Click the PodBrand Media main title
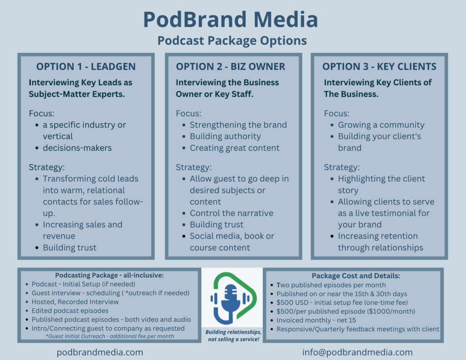231,20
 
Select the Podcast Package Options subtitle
232,41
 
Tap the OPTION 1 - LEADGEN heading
86,66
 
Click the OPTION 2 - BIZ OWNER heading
230,66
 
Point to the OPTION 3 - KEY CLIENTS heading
380,66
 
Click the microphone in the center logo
231,300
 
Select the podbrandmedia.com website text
100,352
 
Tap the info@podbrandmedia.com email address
358,352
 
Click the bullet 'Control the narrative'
232,213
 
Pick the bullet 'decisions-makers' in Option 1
77,148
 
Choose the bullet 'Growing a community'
381,125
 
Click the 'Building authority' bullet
225,137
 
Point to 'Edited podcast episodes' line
70,311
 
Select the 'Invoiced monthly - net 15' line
316,320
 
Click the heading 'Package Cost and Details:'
356,276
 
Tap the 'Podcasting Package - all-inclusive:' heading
109,275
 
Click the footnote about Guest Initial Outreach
110,336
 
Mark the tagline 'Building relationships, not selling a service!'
233,335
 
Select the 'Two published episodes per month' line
331,285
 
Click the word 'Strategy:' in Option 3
342,167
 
